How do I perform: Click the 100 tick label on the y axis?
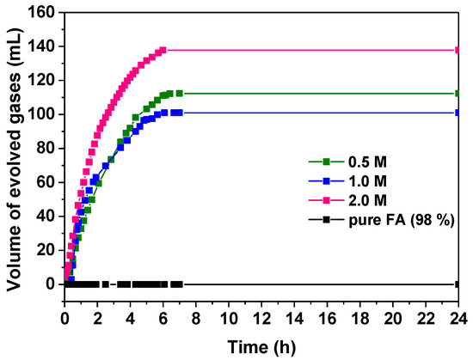point(43,114)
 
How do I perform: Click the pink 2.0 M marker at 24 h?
point(458,50)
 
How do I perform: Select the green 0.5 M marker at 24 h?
point(458,93)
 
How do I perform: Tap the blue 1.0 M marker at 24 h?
point(458,112)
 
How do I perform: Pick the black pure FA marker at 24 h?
point(458,284)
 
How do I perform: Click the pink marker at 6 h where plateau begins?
point(163,50)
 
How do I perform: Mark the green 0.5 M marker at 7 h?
point(179,93)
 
